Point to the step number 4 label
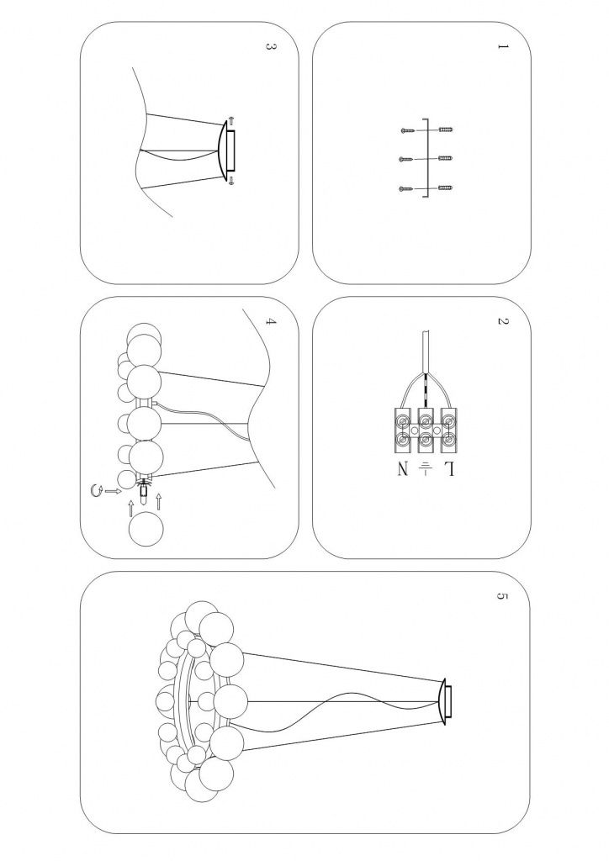click(x=270, y=321)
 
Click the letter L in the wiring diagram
click(x=450, y=469)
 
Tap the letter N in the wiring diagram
click(x=403, y=469)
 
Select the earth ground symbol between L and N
click(x=426, y=468)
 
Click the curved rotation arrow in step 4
click(x=95, y=490)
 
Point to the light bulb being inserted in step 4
click(x=143, y=490)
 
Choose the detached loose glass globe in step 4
click(x=146, y=528)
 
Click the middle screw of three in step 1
click(x=407, y=159)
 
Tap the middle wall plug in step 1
click(x=446, y=158)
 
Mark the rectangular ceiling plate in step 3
click(x=230, y=151)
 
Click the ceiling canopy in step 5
click(x=446, y=701)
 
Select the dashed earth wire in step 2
click(x=426, y=391)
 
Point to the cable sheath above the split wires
click(x=426, y=352)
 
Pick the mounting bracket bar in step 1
click(x=426, y=157)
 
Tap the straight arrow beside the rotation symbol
click(x=113, y=490)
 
